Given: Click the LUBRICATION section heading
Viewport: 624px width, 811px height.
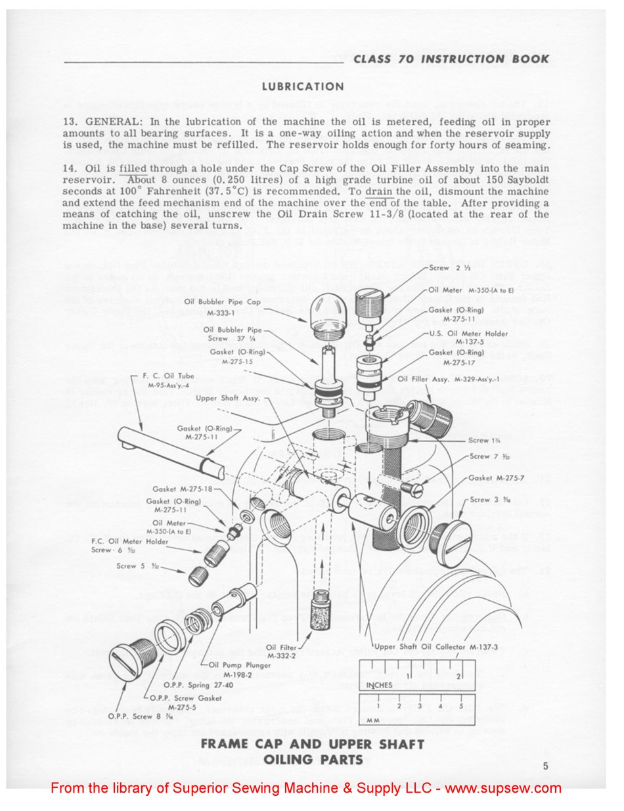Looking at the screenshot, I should click(x=303, y=87).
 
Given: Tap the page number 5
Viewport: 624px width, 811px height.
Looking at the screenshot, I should click(x=546, y=765).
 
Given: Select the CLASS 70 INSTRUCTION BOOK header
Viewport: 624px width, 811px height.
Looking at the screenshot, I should click(x=451, y=59).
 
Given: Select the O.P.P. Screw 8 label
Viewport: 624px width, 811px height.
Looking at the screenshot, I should click(x=128, y=716).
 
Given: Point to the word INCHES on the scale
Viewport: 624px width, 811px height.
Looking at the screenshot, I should click(x=379, y=685).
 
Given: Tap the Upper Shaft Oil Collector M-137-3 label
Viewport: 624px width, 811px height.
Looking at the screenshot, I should click(x=425, y=647).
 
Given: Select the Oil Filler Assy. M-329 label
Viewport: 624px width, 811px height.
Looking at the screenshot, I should click(x=449, y=379).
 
